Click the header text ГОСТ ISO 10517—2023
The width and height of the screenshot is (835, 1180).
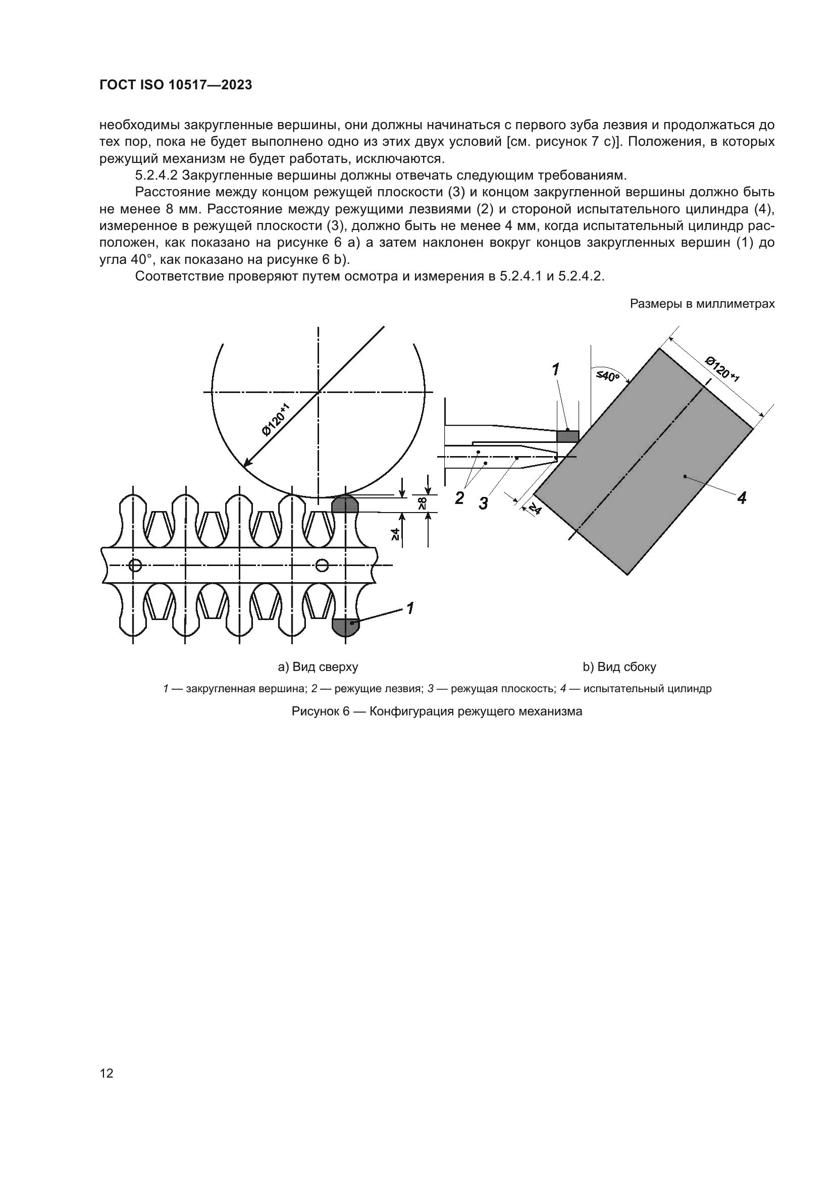175,85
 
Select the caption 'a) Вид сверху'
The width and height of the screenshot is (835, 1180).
318,667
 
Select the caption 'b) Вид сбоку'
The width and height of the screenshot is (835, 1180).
619,667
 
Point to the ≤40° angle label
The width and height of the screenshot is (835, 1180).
607,376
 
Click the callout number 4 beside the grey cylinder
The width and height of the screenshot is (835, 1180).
742,497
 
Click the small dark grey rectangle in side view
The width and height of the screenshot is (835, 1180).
567,436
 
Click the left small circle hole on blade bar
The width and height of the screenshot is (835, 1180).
135,566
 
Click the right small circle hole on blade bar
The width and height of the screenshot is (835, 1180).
322,566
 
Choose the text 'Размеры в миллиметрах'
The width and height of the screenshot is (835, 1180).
702,304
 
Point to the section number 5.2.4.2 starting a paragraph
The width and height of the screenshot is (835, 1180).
156,175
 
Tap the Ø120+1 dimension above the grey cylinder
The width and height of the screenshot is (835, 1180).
722,369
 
